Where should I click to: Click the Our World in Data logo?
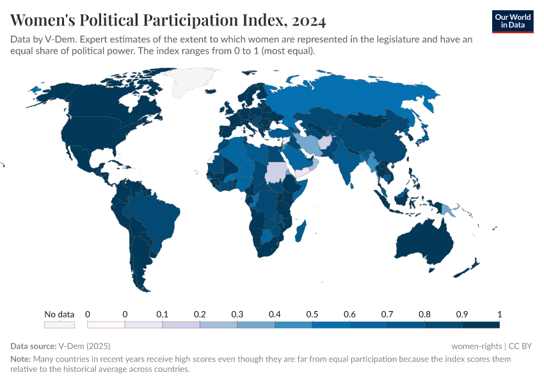click(513, 21)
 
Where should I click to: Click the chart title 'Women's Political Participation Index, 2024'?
click(168, 20)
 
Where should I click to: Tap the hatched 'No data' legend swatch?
click(59, 325)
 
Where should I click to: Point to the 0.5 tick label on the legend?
click(312, 314)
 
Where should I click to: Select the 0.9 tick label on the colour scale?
click(461, 314)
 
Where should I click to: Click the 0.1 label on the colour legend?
click(162, 314)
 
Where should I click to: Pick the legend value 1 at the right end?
click(499, 314)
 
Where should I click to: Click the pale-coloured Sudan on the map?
click(276, 171)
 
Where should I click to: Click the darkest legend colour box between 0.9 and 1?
click(480, 325)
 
